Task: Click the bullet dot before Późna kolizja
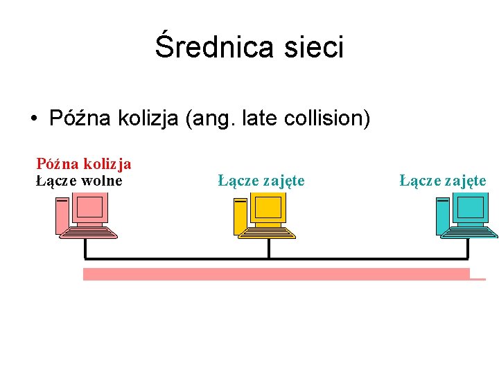click(34, 118)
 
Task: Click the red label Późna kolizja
click(84, 164)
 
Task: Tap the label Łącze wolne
click(79, 181)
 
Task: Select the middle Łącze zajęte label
click(261, 181)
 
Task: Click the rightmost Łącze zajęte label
click(443, 181)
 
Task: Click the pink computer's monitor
click(91, 208)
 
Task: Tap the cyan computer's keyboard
click(471, 233)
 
